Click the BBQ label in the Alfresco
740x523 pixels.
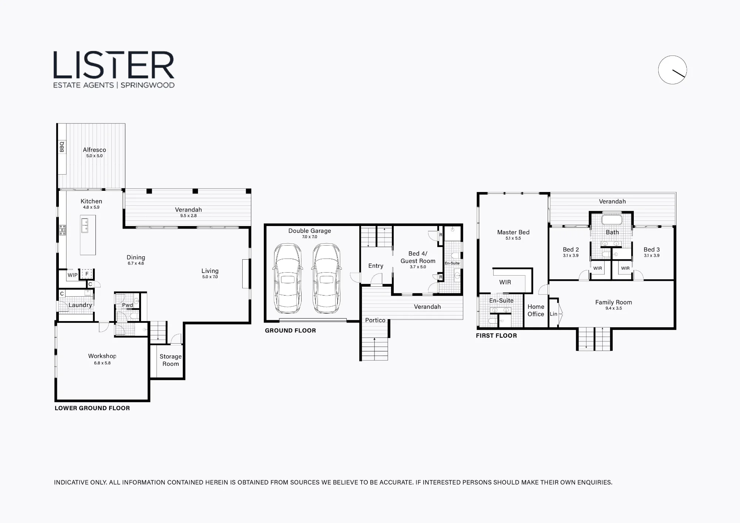[62, 147]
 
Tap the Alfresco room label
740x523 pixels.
[94, 150]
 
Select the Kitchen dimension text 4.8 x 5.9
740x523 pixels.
[91, 207]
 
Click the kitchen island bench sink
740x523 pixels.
[84, 225]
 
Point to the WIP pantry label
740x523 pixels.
[73, 275]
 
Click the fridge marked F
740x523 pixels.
[87, 274]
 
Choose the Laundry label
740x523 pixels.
[80, 305]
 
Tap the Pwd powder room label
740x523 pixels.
[127, 305]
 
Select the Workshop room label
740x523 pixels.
[102, 356]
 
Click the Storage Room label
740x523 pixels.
[171, 360]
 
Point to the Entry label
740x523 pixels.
[376, 266]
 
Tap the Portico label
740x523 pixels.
[375, 320]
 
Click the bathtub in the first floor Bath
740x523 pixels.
[612, 219]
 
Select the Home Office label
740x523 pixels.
[536, 310]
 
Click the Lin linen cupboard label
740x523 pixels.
[554, 314]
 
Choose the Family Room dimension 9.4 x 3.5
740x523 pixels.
[613, 308]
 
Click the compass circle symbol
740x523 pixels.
[673, 70]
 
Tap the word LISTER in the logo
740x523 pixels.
[114, 65]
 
